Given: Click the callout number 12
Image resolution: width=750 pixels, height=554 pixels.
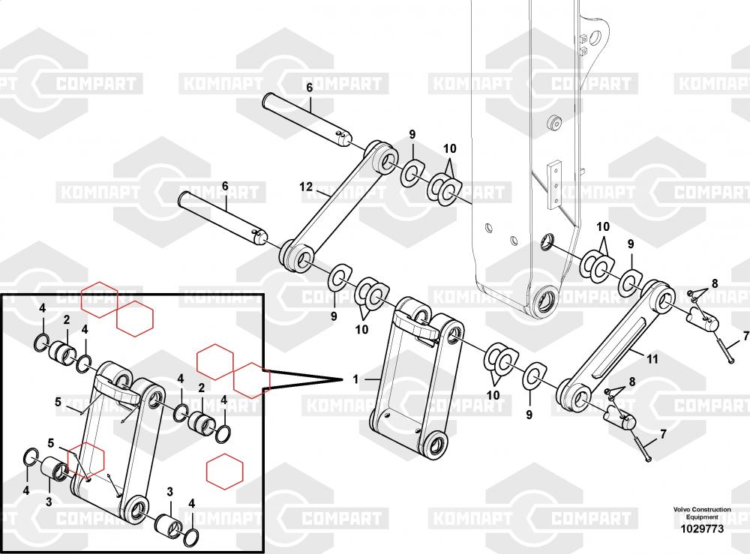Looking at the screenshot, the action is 306,187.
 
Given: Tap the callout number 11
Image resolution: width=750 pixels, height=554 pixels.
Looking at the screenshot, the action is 652,358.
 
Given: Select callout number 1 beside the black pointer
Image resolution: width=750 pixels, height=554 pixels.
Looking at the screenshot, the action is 355,379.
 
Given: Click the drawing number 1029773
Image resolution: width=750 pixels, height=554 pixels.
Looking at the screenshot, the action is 702,529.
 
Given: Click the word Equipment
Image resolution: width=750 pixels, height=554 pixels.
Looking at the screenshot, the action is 702,517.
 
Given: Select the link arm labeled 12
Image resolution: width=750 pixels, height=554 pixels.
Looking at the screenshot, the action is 339,206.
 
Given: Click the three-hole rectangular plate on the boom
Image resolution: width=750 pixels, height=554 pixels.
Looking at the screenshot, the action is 554,184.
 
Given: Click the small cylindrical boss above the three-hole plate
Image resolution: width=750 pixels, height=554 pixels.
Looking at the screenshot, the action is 554,122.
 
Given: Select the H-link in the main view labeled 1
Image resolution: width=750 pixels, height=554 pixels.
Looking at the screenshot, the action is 416,378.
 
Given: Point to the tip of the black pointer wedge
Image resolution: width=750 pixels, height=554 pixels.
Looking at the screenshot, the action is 344,379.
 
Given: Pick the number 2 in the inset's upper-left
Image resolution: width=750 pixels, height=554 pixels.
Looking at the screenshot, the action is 67,319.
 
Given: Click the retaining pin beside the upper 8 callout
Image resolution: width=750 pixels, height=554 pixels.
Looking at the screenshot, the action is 701,319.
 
